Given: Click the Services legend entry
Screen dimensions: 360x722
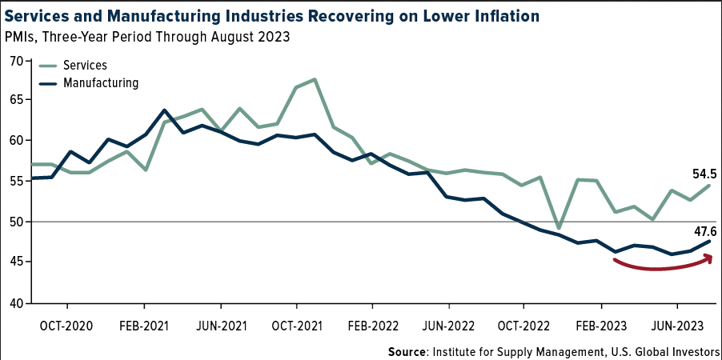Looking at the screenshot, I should pos(85,65).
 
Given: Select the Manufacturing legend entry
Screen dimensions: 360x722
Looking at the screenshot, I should pos(101,82).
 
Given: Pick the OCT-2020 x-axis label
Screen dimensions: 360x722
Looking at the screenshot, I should pos(67,326).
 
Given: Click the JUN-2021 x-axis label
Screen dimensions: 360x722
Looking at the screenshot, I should pos(220,326).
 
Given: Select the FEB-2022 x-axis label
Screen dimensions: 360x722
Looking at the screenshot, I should pos(372,326).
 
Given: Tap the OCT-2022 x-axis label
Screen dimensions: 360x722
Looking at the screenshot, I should pos(525,326).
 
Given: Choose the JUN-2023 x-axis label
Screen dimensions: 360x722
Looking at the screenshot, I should pos(678,326).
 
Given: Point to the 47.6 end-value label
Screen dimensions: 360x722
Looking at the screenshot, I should pos(705,230).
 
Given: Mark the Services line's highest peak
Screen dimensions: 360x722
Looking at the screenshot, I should pos(315,79).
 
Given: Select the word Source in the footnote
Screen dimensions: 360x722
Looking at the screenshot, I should pos(407,351).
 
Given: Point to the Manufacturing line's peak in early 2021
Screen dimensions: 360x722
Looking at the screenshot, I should pos(164,110).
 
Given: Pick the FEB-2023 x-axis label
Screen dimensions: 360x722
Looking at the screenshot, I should pos(601,326).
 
